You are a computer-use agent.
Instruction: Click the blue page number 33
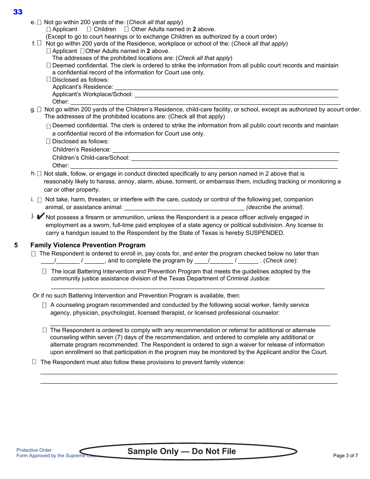point(18,12)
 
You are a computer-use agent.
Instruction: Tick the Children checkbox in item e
point(89,29)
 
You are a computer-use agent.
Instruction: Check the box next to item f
point(39,43)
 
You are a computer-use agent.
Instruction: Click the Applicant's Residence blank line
point(226,87)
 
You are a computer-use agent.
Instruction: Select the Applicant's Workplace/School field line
point(236,94)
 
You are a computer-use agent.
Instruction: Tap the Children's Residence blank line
point(226,150)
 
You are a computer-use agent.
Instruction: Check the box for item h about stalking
point(39,173)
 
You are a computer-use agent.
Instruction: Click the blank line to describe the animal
point(184,208)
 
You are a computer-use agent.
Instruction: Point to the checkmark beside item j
point(41,217)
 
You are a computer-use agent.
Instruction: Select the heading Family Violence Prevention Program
point(88,245)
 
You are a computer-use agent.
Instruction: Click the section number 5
point(16,245)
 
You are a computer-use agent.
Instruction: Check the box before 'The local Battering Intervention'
point(44,271)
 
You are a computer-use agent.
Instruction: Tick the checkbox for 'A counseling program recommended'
point(44,305)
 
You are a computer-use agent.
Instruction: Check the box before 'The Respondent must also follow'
point(34,362)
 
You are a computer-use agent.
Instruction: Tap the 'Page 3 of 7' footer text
point(345,456)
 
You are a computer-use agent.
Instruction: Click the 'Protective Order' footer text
point(34,450)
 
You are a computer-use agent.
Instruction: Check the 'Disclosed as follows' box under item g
point(48,141)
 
